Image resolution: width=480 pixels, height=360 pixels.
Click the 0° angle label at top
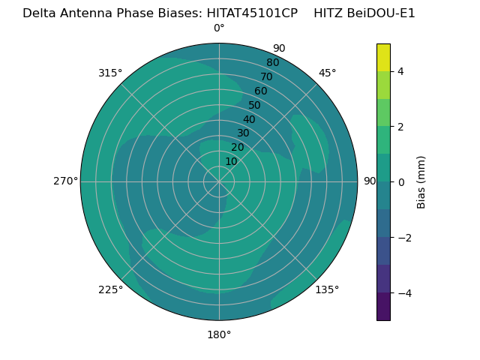(219, 28)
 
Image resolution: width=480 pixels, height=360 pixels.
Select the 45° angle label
(327, 73)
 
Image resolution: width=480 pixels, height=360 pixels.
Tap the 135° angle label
(327, 289)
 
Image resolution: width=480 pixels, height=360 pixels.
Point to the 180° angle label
(219, 334)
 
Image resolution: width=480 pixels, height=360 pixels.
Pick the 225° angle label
(110, 289)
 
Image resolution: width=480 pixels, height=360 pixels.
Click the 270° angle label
(65, 181)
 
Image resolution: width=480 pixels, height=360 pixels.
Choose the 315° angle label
(110, 73)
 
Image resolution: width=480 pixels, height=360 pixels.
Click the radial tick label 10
(231, 161)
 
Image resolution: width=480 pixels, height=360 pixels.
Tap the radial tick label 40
(249, 119)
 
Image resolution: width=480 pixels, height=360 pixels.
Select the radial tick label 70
(266, 76)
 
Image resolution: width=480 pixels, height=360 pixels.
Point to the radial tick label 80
(272, 62)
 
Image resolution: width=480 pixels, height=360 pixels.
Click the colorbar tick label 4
(401, 71)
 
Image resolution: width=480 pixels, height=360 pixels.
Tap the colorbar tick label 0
(401, 182)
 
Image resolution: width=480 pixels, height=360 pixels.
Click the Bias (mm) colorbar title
(421, 182)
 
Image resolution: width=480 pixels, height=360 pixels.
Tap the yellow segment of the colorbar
(383, 57)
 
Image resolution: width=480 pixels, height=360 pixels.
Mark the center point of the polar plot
(219, 181)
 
